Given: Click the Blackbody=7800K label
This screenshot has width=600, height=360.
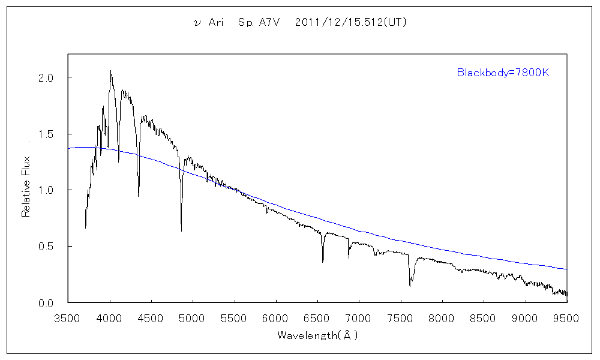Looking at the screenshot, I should point(503,73).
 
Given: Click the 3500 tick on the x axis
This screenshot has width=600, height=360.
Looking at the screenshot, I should point(68,317).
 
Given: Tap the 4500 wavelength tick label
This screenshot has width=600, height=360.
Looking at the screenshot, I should point(151,317).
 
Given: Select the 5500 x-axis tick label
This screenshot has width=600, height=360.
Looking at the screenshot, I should point(234,317).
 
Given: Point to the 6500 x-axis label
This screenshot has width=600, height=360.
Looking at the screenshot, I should point(317,317).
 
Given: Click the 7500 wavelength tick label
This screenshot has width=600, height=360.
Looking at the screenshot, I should point(401,317).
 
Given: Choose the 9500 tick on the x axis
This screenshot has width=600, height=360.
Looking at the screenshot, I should point(567,317).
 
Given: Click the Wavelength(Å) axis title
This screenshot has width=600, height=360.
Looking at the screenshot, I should point(317,335).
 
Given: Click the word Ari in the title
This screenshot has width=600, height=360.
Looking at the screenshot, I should point(216,22).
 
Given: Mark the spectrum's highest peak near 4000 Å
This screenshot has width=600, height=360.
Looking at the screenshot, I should point(110,71).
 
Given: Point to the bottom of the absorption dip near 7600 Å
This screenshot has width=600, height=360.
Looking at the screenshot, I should point(410,286).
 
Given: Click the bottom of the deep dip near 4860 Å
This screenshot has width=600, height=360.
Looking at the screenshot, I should point(181,230).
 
